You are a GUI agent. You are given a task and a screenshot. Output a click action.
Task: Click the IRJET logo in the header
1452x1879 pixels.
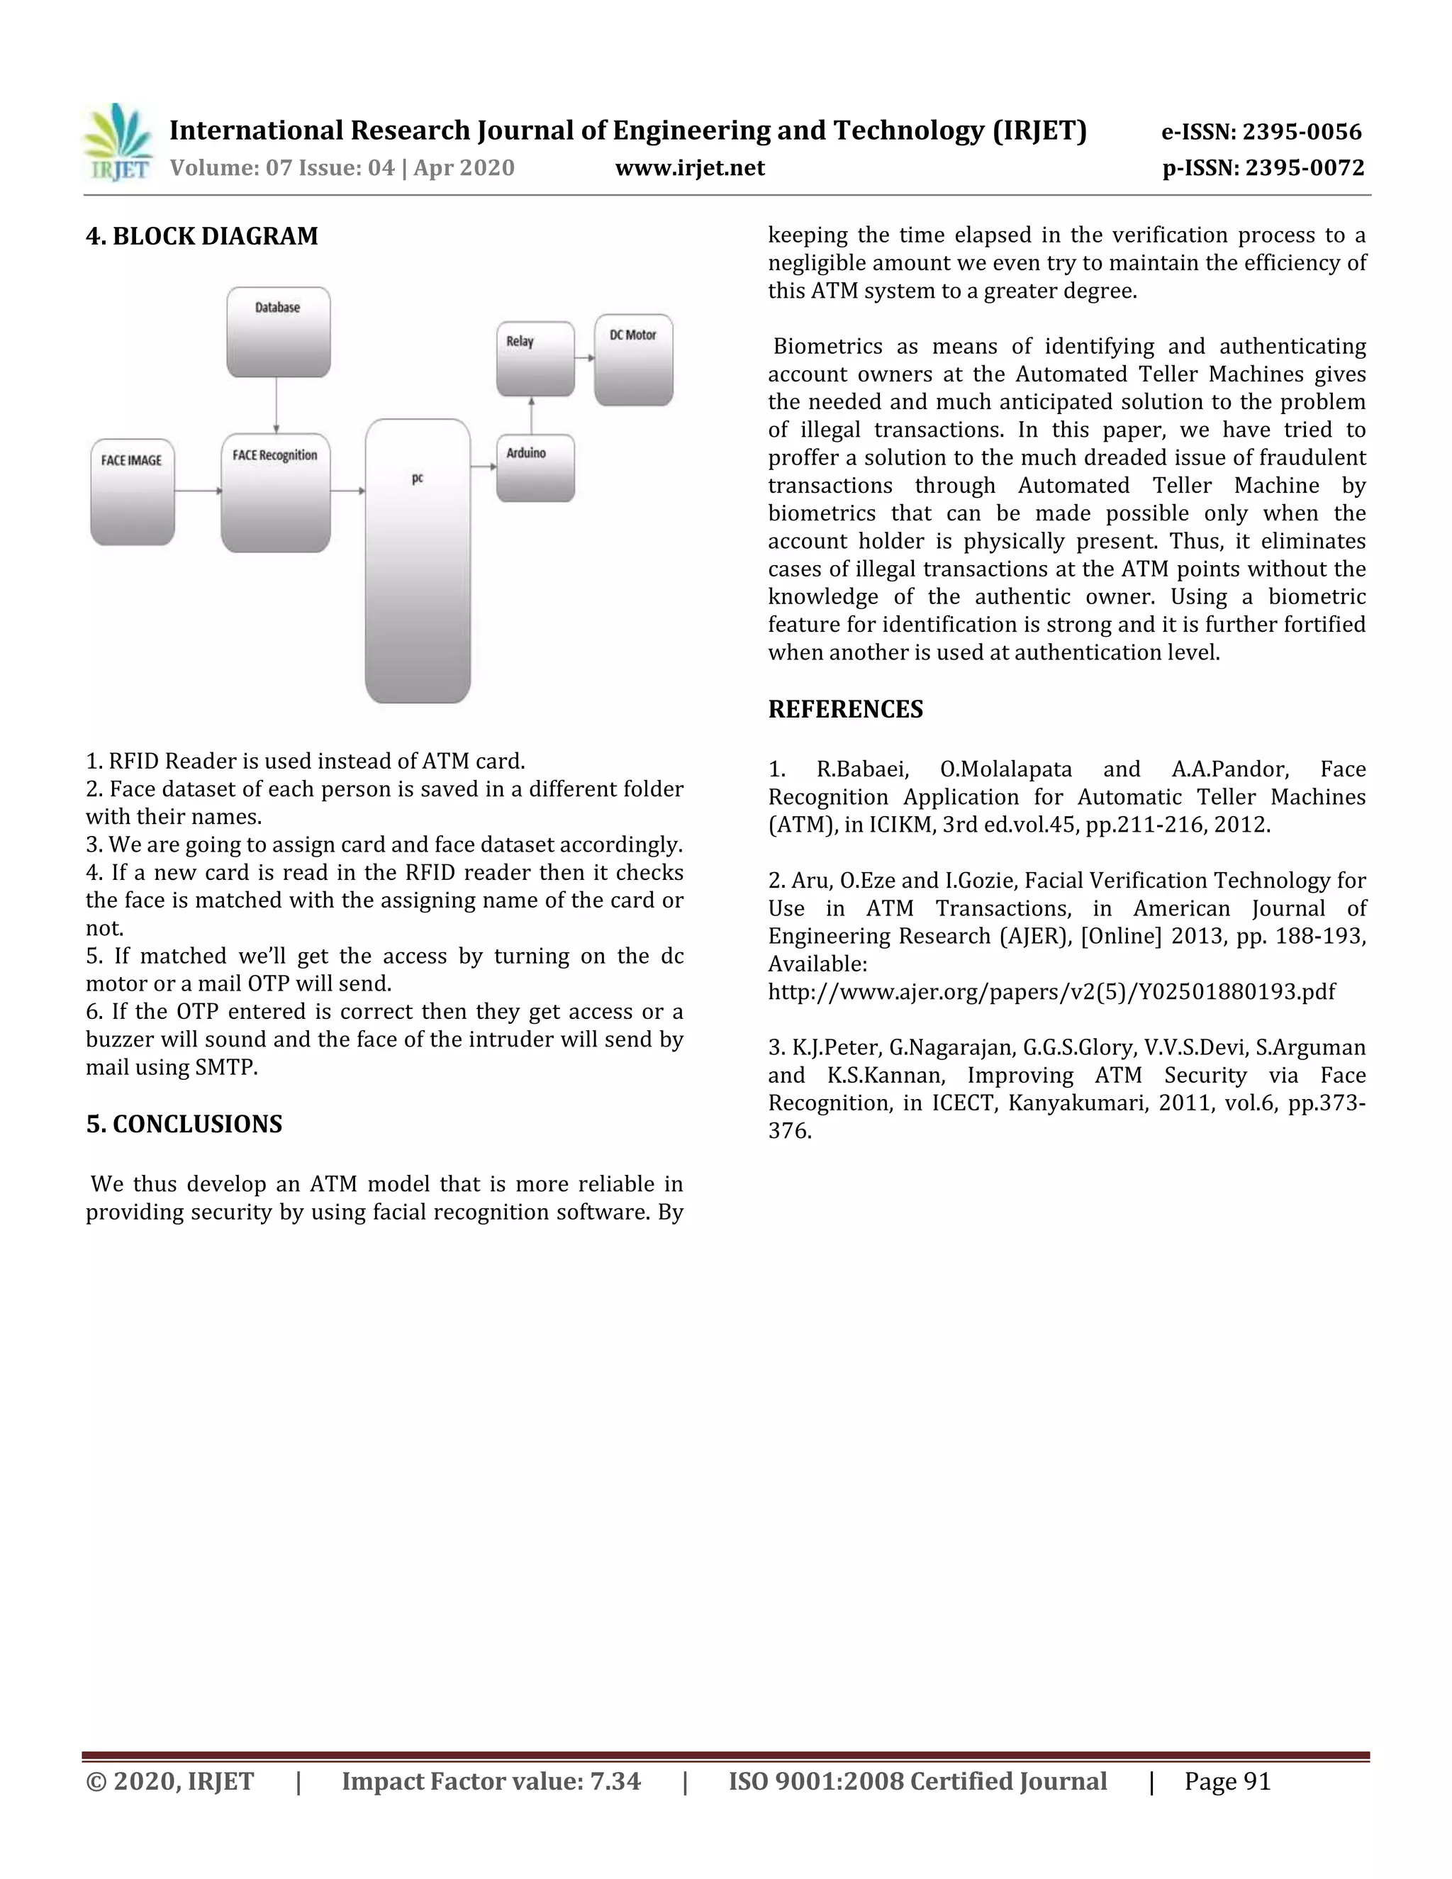click(x=118, y=143)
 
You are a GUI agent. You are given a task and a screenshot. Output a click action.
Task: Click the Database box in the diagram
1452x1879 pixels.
click(x=278, y=332)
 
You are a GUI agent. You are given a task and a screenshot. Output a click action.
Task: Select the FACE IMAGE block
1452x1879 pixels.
click(x=133, y=491)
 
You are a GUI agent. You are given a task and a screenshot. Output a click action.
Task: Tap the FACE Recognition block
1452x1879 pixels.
click(x=275, y=492)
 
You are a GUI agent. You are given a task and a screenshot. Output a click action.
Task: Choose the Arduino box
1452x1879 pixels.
click(x=535, y=468)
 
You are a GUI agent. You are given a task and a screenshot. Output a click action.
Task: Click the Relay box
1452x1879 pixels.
click(x=535, y=359)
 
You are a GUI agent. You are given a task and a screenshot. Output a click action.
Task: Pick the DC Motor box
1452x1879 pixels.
click(x=633, y=359)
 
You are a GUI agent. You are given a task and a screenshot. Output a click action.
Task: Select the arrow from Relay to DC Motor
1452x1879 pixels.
click(x=584, y=357)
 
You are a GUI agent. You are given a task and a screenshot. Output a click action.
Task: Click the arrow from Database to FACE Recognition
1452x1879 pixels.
click(x=276, y=404)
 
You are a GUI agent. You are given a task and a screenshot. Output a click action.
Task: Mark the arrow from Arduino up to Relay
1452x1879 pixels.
click(x=532, y=416)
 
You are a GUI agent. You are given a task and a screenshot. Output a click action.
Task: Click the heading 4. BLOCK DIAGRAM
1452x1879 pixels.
click(x=202, y=235)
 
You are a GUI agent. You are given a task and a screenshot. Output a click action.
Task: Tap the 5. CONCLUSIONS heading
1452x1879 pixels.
click(x=184, y=1124)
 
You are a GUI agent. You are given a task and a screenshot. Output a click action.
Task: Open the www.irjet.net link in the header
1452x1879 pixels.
click(x=689, y=168)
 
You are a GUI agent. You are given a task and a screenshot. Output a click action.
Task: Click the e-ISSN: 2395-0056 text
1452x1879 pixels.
click(x=1261, y=132)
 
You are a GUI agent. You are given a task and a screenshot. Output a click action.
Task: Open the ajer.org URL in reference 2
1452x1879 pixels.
click(x=1051, y=992)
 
